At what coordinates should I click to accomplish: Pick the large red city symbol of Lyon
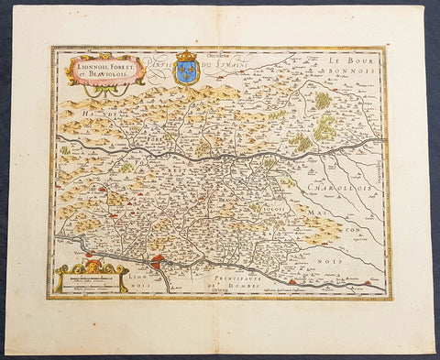[x=158, y=265]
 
